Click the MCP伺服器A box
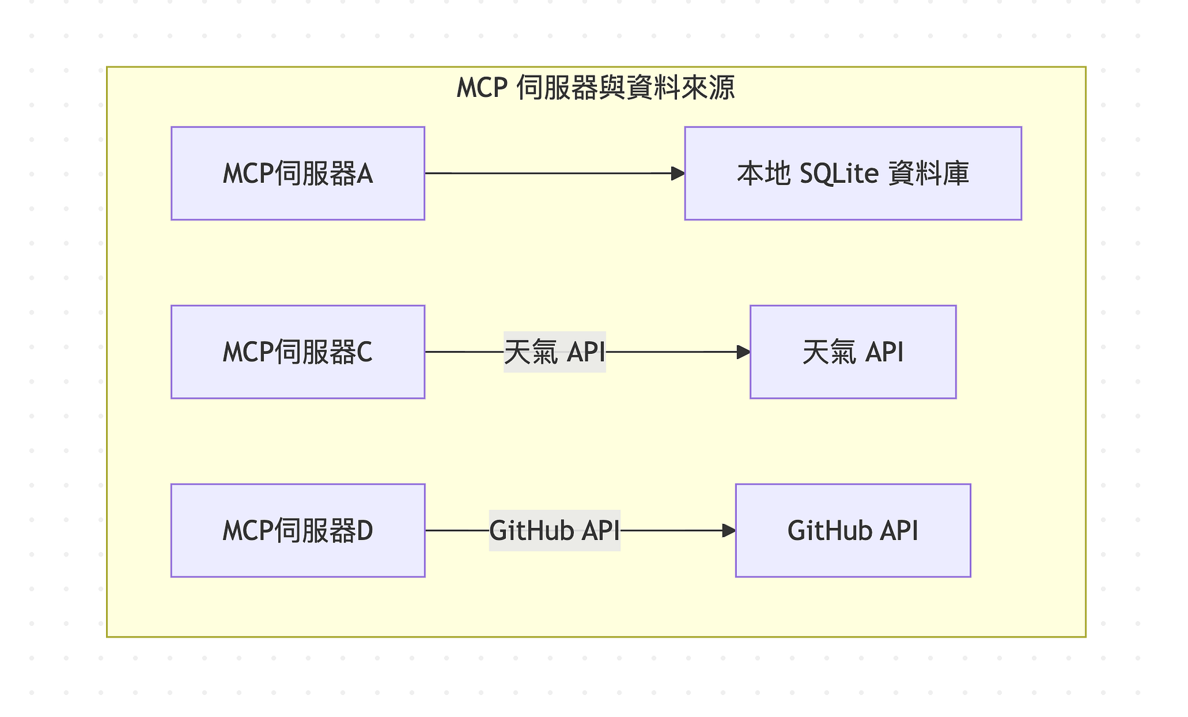(x=298, y=173)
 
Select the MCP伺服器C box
(x=298, y=352)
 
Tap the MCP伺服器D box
(x=298, y=530)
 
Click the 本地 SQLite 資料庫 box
(x=853, y=173)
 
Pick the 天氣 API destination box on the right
(x=853, y=352)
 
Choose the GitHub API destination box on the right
(x=853, y=530)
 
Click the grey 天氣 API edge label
(x=555, y=352)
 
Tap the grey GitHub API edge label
(x=555, y=530)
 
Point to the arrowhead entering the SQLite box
(x=678, y=173)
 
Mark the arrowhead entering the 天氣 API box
(x=743, y=352)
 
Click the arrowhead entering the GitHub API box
(x=729, y=530)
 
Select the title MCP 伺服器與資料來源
(x=596, y=88)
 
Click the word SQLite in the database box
(x=839, y=173)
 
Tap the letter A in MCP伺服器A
(x=364, y=173)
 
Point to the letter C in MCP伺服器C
(x=364, y=352)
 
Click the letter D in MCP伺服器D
(x=364, y=530)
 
